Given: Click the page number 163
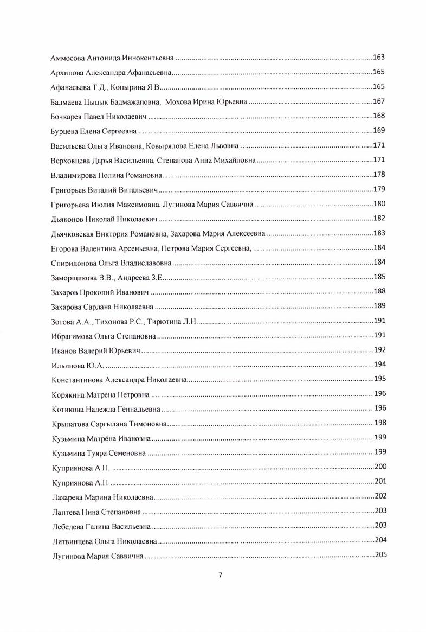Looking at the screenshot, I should [379, 57].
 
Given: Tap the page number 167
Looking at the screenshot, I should [379, 101].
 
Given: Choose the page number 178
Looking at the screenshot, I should [379, 174].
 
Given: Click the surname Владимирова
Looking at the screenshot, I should [73, 175].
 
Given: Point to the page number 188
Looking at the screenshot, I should [379, 291].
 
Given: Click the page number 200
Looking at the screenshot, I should [380, 467].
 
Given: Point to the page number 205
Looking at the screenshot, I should [380, 554].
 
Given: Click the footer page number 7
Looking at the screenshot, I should [220, 576].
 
